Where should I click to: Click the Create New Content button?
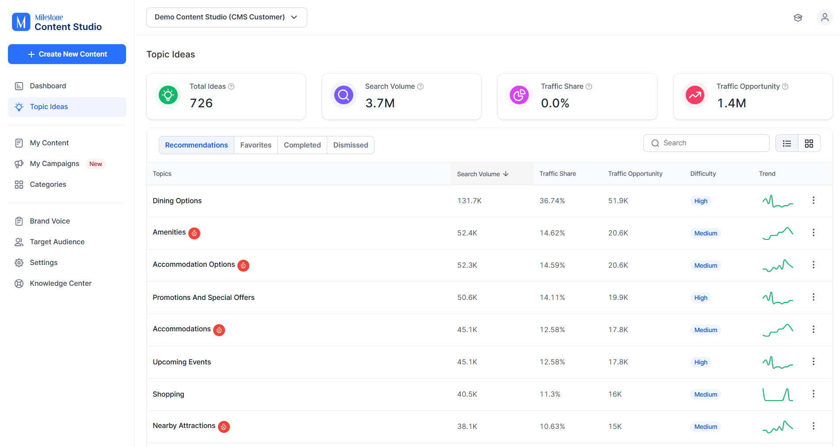pyautogui.click(x=67, y=54)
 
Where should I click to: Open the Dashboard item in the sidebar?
pyautogui.click(x=48, y=86)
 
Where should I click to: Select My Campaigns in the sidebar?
pyautogui.click(x=54, y=163)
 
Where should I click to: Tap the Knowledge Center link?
pyautogui.click(x=61, y=283)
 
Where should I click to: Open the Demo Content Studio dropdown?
pyautogui.click(x=226, y=17)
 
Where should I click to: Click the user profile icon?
pyautogui.click(x=825, y=17)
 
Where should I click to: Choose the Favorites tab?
pyautogui.click(x=256, y=145)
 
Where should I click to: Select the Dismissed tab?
pyautogui.click(x=351, y=145)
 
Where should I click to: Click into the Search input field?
pyautogui.click(x=706, y=143)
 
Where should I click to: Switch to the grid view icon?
pyautogui.click(x=809, y=143)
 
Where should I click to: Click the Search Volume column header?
pyautogui.click(x=483, y=174)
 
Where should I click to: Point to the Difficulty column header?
pyautogui.click(x=703, y=174)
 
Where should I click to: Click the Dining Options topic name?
pyautogui.click(x=177, y=201)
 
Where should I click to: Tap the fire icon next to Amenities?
pyautogui.click(x=194, y=233)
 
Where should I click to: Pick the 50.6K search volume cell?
pyautogui.click(x=467, y=297)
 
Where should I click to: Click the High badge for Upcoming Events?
pyautogui.click(x=701, y=362)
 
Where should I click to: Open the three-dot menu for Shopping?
pyautogui.click(x=813, y=394)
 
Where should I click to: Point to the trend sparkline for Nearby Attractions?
pyautogui.click(x=778, y=426)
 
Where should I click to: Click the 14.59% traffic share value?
pyautogui.click(x=552, y=265)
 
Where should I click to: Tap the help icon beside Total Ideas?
pyautogui.click(x=231, y=87)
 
